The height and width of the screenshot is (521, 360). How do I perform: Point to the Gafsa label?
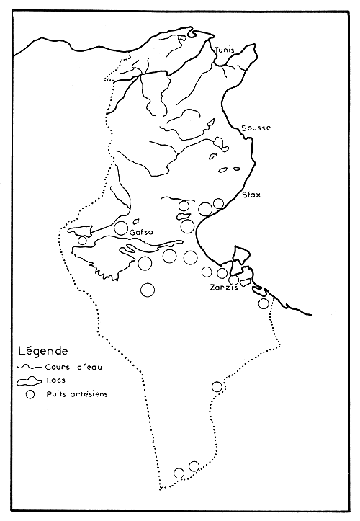click(143, 233)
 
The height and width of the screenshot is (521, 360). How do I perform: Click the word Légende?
click(40, 352)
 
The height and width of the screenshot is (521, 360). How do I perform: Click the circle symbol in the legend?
click(30, 395)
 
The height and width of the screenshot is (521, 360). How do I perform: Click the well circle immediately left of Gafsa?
click(121, 228)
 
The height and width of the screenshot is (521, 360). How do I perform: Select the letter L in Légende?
click(17, 352)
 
